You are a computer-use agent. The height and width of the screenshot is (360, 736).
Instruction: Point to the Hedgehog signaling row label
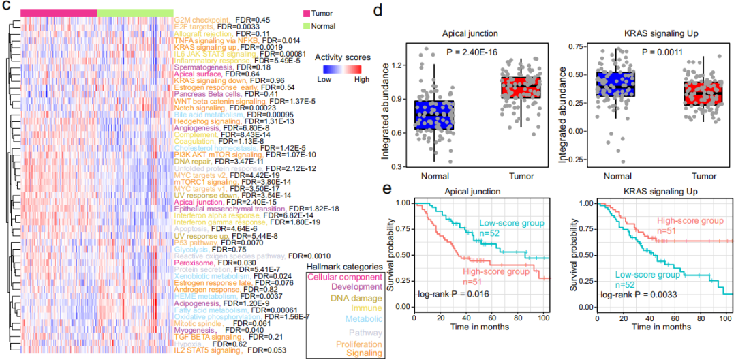[203, 121]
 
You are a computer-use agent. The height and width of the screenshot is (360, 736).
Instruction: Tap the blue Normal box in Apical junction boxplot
[433, 115]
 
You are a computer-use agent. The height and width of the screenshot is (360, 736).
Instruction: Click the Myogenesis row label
[195, 330]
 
